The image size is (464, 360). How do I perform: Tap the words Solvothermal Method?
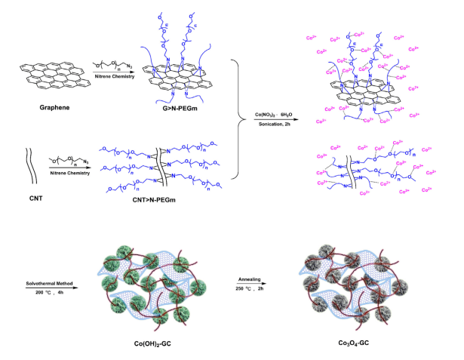[51, 283]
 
